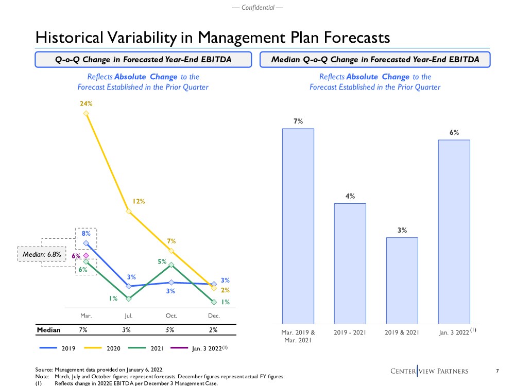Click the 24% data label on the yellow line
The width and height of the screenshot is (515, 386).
pyautogui.click(x=86, y=103)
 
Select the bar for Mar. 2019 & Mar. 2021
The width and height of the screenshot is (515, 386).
pyautogui.click(x=298, y=224)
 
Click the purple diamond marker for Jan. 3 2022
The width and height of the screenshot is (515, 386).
pyautogui.click(x=86, y=256)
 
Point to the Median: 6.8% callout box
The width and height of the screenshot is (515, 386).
pyautogui.click(x=42, y=254)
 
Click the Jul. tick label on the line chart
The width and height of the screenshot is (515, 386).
pyautogui.click(x=128, y=315)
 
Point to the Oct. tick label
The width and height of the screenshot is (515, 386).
pyautogui.click(x=171, y=315)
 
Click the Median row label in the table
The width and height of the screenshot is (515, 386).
pyautogui.click(x=48, y=330)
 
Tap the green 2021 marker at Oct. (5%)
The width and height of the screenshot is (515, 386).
pyautogui.click(x=171, y=265)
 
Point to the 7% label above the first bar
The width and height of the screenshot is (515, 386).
pyautogui.click(x=298, y=121)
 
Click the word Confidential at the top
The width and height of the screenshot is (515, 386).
pyautogui.click(x=257, y=7)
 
